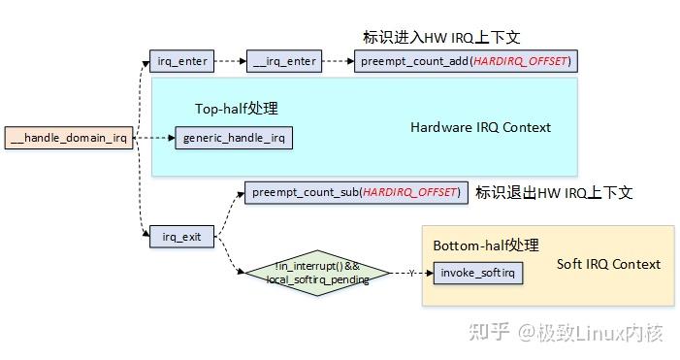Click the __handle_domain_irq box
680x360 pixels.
click(x=68, y=138)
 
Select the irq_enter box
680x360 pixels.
click(x=181, y=62)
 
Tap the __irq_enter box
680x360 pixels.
click(x=284, y=62)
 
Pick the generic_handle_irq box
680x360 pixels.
click(x=234, y=138)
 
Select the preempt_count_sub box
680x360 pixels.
click(x=355, y=192)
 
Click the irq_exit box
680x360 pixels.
click(x=181, y=237)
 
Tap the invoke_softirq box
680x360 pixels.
click(x=478, y=273)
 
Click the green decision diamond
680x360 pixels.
click(x=317, y=273)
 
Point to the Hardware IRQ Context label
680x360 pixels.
click(x=480, y=127)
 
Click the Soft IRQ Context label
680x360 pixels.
click(x=608, y=264)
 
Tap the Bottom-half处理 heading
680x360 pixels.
click(x=485, y=245)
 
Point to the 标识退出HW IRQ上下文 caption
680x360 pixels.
click(x=553, y=192)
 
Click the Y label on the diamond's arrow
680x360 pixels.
click(x=411, y=274)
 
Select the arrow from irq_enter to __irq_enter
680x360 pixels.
click(x=229, y=62)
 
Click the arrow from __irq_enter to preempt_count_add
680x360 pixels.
click(x=336, y=62)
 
